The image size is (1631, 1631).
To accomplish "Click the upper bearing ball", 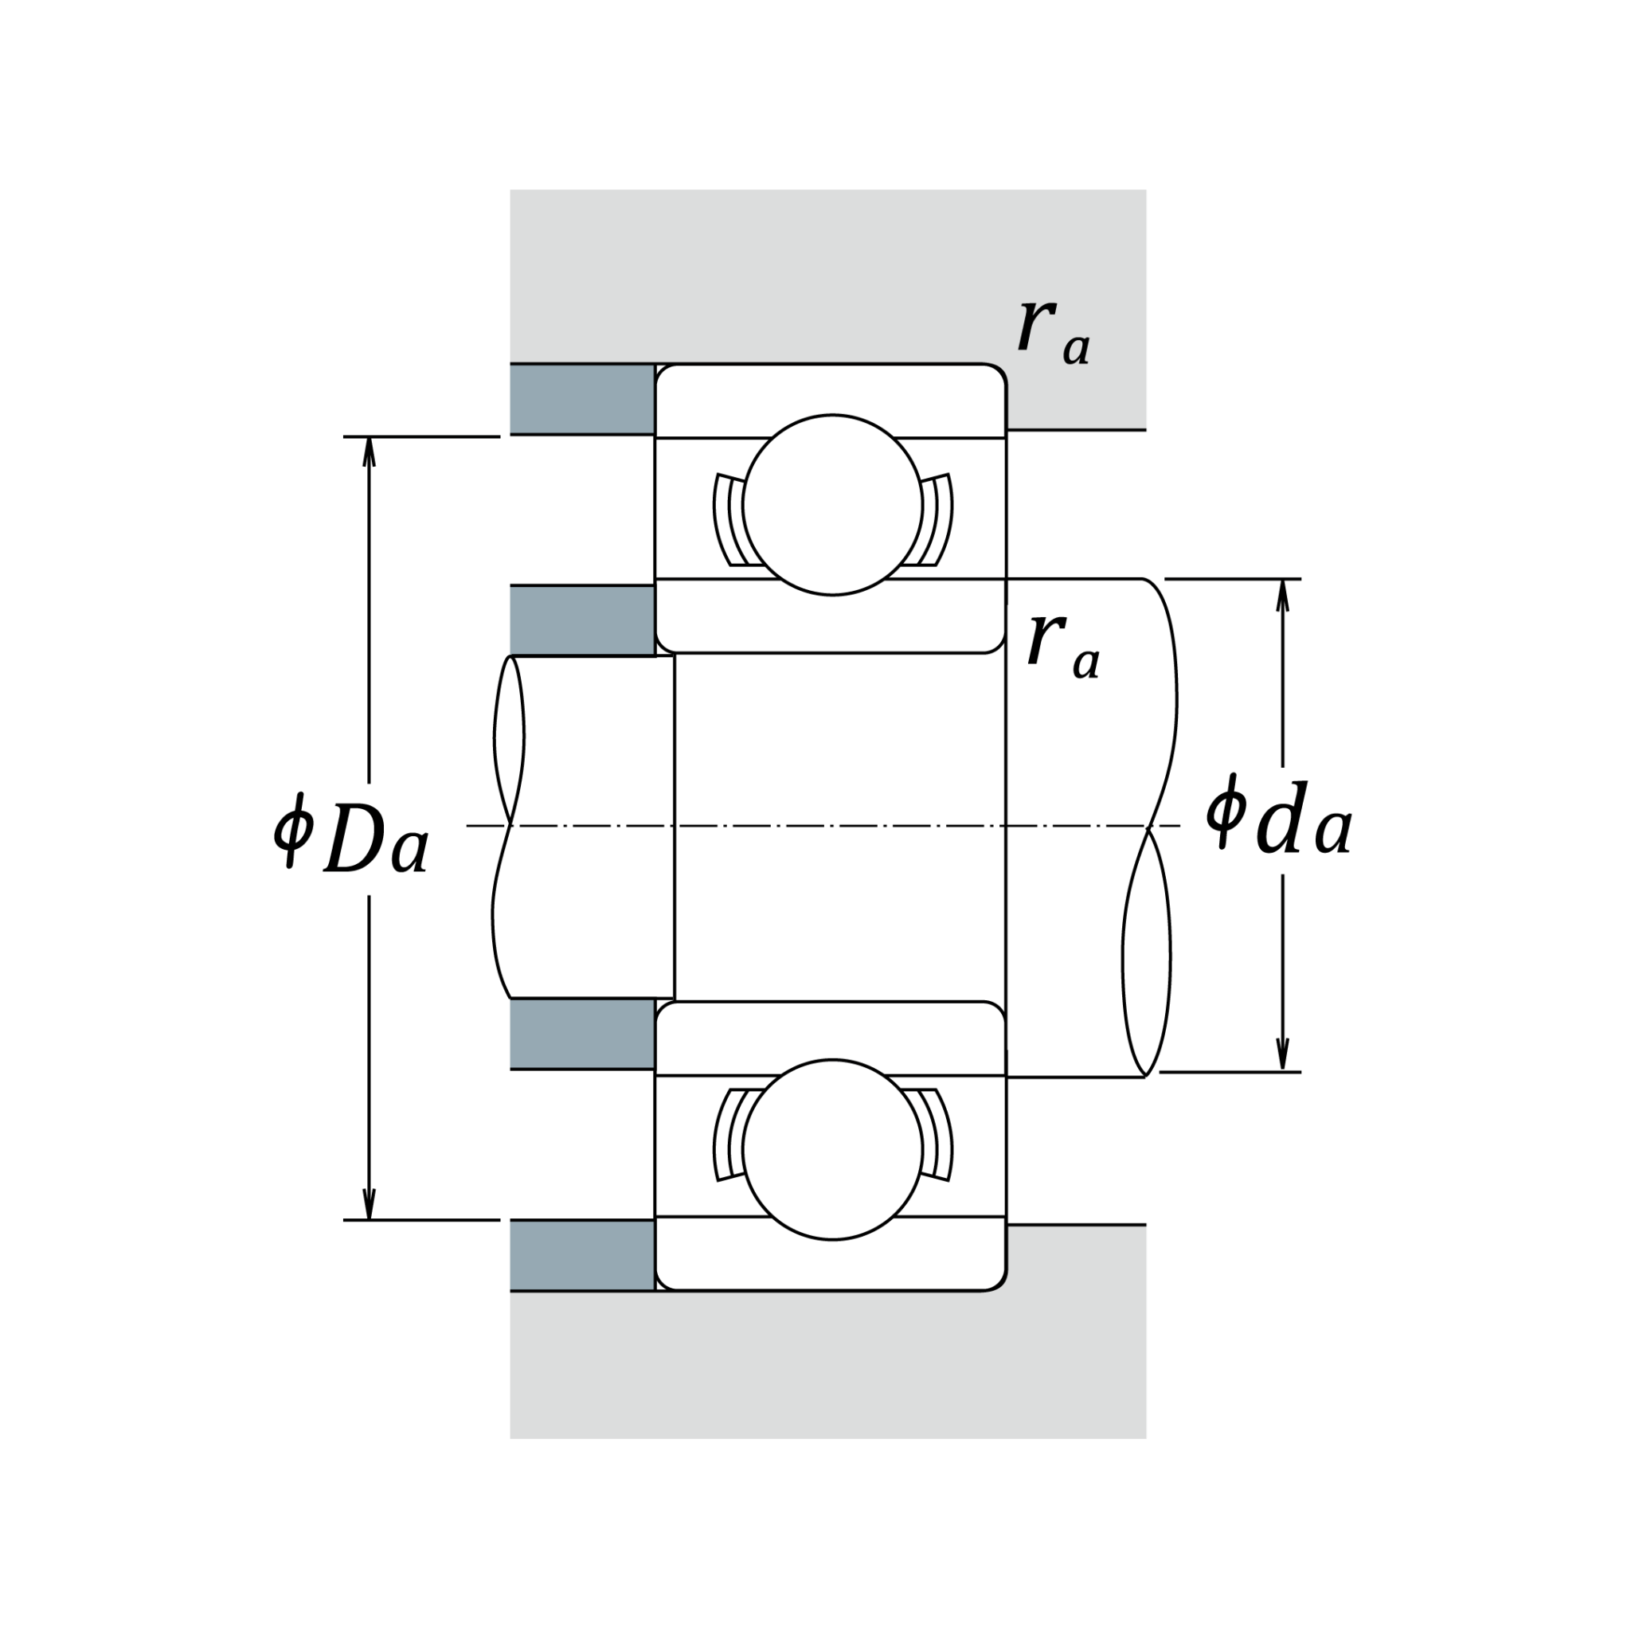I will (x=831, y=505).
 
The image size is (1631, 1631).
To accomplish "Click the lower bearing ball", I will (x=831, y=1149).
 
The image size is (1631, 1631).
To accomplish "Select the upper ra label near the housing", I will (x=1053, y=332).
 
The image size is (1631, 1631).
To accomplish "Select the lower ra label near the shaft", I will (x=1063, y=647).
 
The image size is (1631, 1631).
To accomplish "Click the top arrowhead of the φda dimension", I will (x=1282, y=593).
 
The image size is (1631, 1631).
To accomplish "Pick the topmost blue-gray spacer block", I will (x=581, y=398).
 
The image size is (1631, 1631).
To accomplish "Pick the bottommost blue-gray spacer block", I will (x=581, y=1255).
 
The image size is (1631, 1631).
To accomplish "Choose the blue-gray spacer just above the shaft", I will (x=581, y=620).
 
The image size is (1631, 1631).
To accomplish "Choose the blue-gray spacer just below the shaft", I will (x=581, y=1033).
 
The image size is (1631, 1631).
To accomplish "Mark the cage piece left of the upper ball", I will (x=726, y=519).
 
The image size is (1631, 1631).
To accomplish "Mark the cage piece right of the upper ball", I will (x=938, y=519).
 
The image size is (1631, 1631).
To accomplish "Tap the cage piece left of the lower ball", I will (x=726, y=1136).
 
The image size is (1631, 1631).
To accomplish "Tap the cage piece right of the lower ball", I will (x=938, y=1136).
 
